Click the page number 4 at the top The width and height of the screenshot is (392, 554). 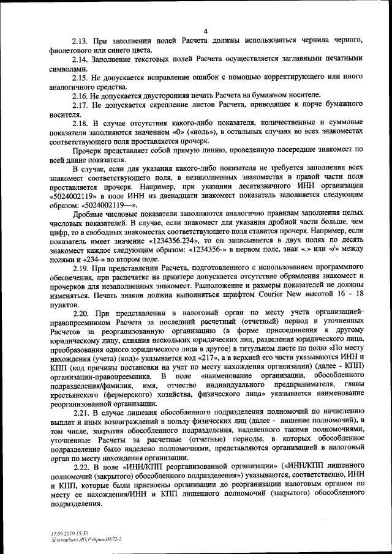206,31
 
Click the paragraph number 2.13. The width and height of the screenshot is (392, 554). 80,40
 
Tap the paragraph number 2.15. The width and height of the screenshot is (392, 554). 80,78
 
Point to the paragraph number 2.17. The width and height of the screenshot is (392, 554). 80,105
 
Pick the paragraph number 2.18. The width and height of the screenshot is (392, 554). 80,123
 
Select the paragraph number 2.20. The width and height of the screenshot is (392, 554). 80,313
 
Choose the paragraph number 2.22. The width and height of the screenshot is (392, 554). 80,464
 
